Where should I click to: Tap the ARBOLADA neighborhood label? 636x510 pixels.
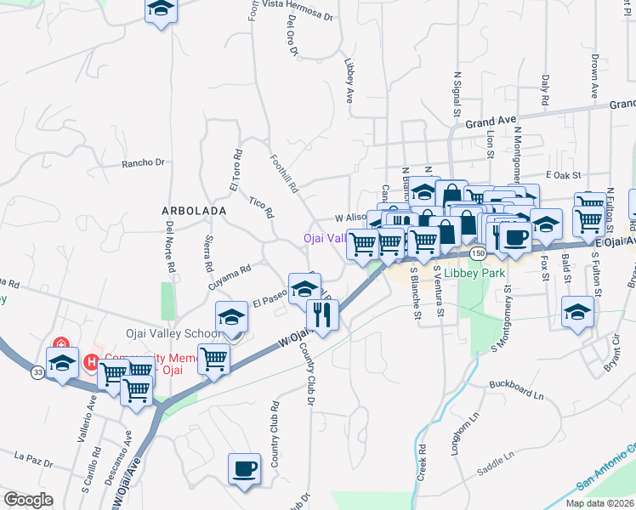(195, 210)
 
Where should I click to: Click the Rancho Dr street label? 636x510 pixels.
(142, 162)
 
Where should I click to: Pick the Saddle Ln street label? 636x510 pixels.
(497, 457)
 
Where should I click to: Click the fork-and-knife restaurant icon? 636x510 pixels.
(323, 314)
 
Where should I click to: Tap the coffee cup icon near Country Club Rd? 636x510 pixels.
(245, 469)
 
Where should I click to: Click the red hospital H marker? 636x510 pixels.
(92, 363)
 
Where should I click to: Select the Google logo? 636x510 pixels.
(28, 500)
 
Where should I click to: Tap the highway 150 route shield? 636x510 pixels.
(479, 253)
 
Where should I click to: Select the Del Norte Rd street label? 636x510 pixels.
(171, 247)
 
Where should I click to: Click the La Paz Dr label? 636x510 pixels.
(34, 460)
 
